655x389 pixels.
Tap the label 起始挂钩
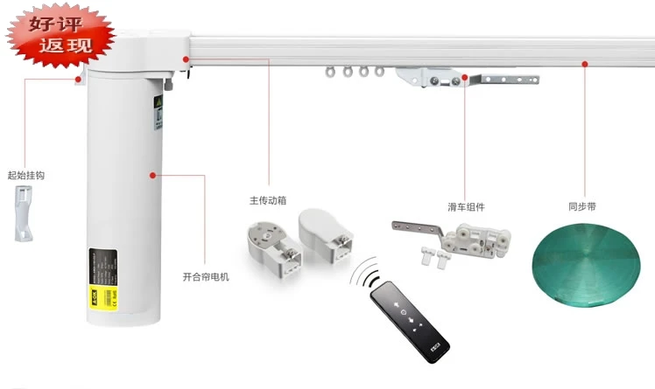(x=25, y=176)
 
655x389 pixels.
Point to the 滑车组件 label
(x=465, y=207)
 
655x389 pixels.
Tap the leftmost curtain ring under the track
(x=331, y=74)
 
